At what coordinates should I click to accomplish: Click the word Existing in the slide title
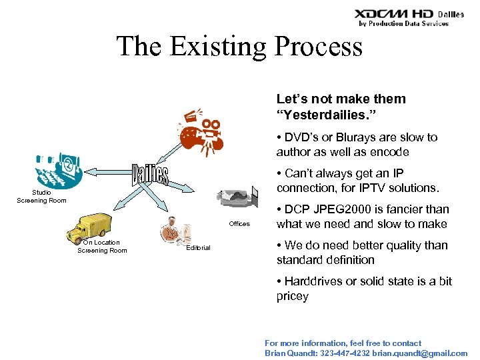click(223, 47)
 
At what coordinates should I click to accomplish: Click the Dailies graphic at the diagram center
click(149, 175)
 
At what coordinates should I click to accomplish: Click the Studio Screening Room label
click(41, 197)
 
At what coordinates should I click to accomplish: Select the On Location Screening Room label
click(102, 247)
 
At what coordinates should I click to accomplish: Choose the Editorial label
click(198, 248)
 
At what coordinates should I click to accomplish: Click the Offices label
click(239, 224)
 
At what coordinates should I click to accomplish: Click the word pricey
click(293, 296)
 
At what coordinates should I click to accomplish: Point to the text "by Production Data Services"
click(403, 23)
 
